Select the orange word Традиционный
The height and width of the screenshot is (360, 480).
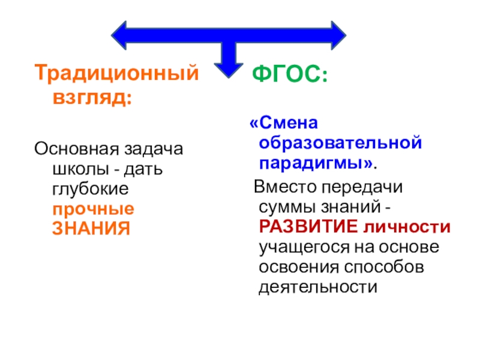pyautogui.click(x=116, y=74)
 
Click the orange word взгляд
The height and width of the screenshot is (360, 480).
pyautogui.click(x=89, y=97)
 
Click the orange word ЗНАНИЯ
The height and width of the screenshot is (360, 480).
pyautogui.click(x=91, y=229)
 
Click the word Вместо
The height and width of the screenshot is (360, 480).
pyautogui.click(x=284, y=187)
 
